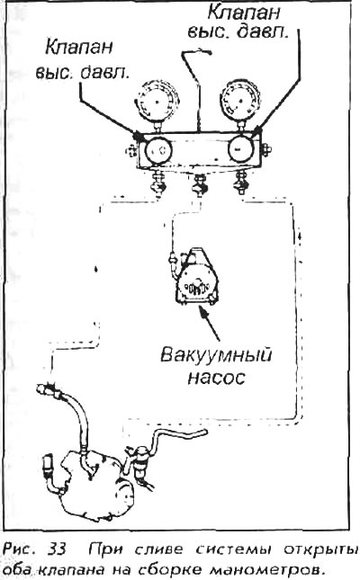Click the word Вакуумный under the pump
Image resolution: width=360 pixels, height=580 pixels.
point(216,355)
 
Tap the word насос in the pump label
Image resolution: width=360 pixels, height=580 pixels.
point(217,378)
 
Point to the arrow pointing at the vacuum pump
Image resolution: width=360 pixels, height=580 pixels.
point(210,323)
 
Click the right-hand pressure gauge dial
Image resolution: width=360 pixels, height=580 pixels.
point(240,101)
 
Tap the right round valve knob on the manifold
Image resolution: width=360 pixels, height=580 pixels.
point(240,148)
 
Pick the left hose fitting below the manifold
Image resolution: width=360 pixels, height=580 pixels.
point(157,182)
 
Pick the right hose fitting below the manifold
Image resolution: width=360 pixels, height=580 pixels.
point(239,182)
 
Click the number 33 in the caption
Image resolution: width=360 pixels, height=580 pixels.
point(57,549)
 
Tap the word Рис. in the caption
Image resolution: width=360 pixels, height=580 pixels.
point(21,549)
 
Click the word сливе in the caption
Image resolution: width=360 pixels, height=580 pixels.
point(158,550)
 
